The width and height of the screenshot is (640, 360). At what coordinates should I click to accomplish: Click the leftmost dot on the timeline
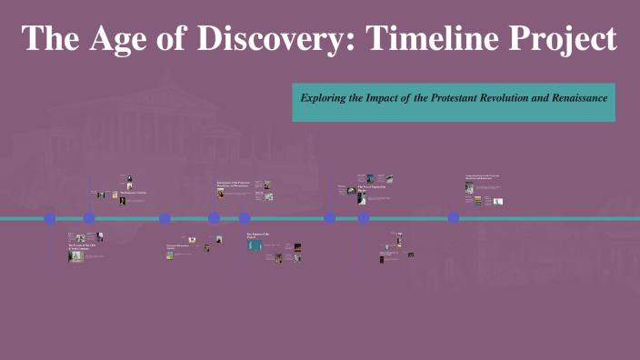pos(49,218)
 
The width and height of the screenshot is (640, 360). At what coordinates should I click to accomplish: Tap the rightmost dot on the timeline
pos(453,218)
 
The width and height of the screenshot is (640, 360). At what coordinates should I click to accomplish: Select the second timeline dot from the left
pos(89,218)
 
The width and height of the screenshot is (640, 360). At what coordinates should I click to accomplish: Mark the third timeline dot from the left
pos(165,218)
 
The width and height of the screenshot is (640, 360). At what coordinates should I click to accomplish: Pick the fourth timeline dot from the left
pos(214,218)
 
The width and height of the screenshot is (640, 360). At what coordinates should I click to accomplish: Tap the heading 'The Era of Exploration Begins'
pos(374,188)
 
